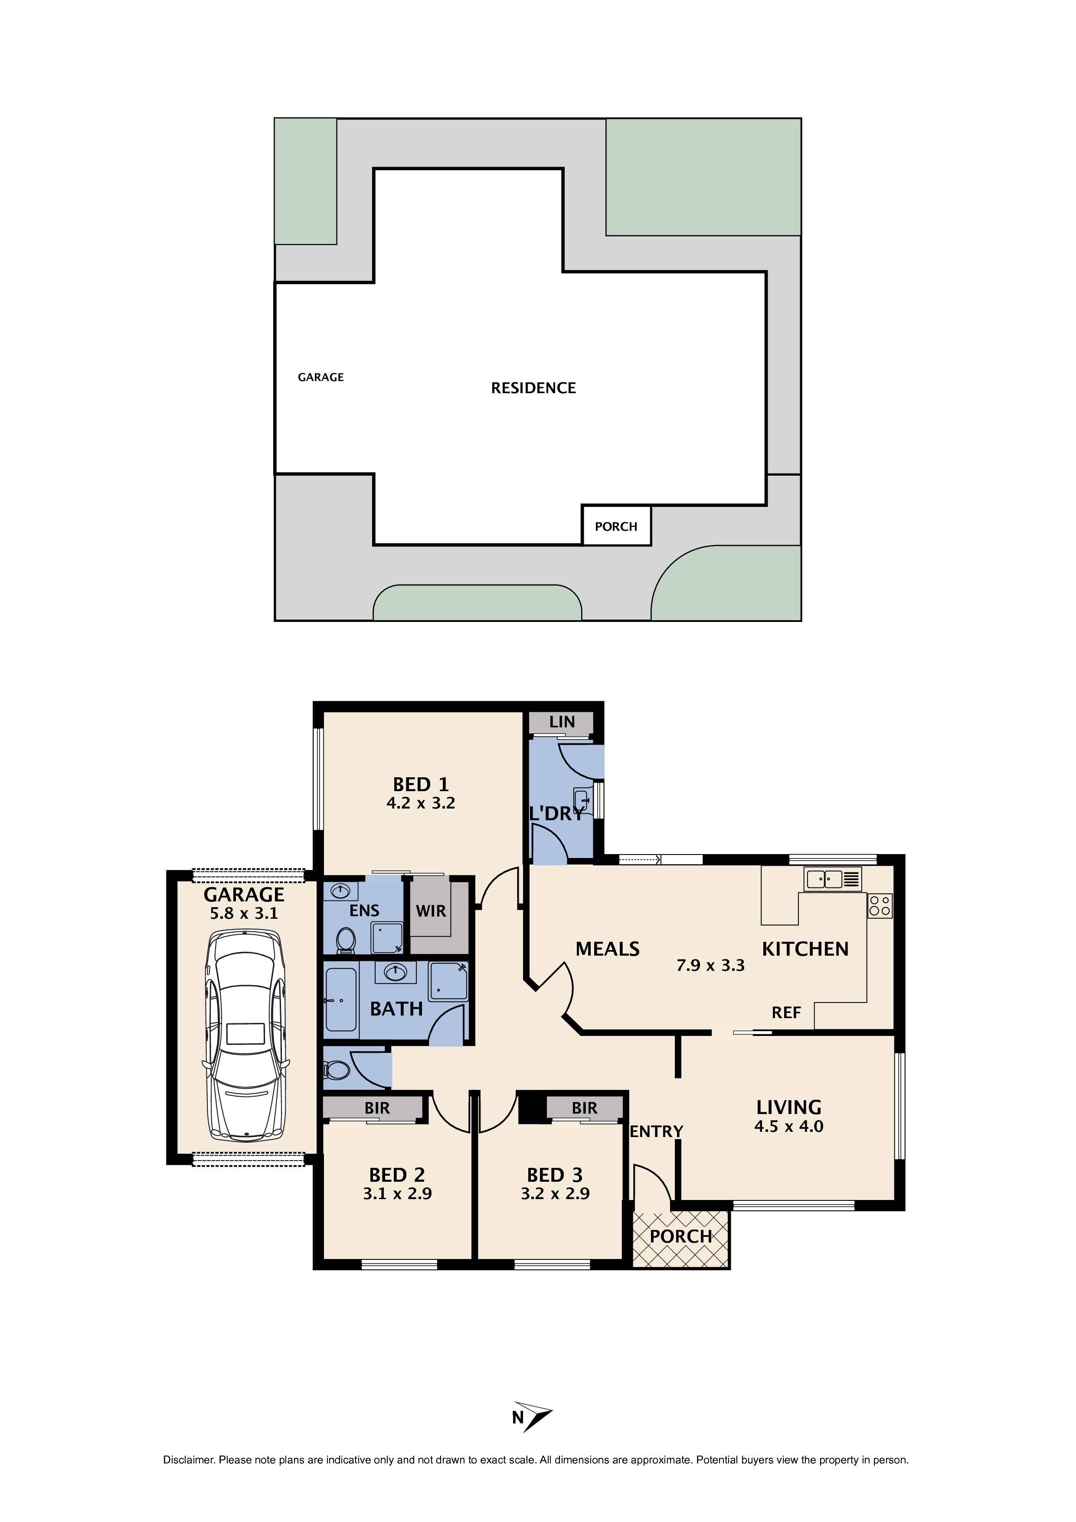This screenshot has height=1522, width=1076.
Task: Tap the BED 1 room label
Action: (x=421, y=784)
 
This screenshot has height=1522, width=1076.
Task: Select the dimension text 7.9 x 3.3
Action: (x=710, y=965)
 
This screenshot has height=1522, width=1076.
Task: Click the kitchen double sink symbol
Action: (x=832, y=879)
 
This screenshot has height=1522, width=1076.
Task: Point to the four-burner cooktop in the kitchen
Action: (x=880, y=905)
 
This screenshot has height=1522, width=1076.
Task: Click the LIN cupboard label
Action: (x=562, y=722)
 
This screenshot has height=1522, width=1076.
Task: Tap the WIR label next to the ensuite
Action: (x=431, y=911)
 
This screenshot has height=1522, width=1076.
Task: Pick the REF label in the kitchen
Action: (x=786, y=1012)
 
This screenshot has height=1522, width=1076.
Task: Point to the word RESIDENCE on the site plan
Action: (x=533, y=388)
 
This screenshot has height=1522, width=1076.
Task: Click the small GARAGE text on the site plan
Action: (x=321, y=377)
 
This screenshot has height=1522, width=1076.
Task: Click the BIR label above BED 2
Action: (x=377, y=1108)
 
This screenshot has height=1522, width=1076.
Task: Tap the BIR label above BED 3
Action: (x=584, y=1108)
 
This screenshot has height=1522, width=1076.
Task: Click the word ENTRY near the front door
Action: (x=656, y=1131)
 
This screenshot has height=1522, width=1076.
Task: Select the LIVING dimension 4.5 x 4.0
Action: (x=788, y=1126)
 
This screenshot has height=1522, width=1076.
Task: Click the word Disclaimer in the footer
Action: (x=188, y=1460)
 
